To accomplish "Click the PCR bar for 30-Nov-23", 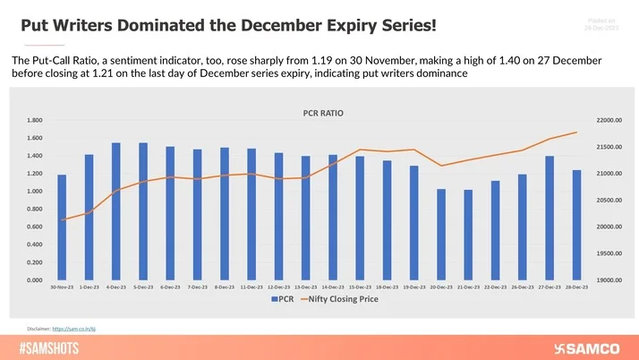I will click(x=62, y=227).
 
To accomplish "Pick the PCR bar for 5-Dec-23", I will click(x=143, y=211).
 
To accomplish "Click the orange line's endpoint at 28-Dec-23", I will click(x=576, y=133).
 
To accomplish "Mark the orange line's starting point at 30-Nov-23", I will click(x=62, y=219).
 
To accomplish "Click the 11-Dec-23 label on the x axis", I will click(x=251, y=287).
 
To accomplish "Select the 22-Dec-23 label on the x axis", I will click(x=495, y=287).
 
